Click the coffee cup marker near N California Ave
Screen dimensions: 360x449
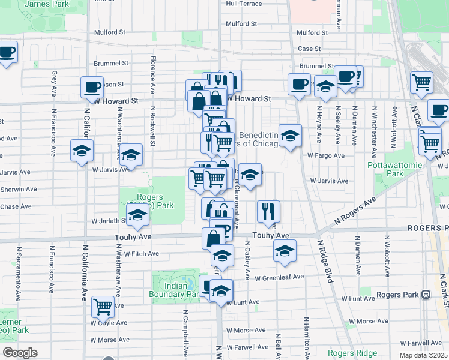pyautogui.click(x=92, y=87)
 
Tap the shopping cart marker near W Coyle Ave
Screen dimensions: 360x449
pyautogui.click(x=103, y=307)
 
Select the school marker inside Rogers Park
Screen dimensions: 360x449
pyautogui.click(x=138, y=215)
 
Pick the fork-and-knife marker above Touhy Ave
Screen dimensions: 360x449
pyautogui.click(x=268, y=210)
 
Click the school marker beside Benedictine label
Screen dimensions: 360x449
pyautogui.click(x=290, y=137)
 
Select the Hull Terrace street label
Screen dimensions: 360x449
pyautogui.click(x=244, y=4)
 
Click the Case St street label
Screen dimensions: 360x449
pyautogui.click(x=310, y=49)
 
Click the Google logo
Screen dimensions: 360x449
pyautogui.click(x=20, y=353)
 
